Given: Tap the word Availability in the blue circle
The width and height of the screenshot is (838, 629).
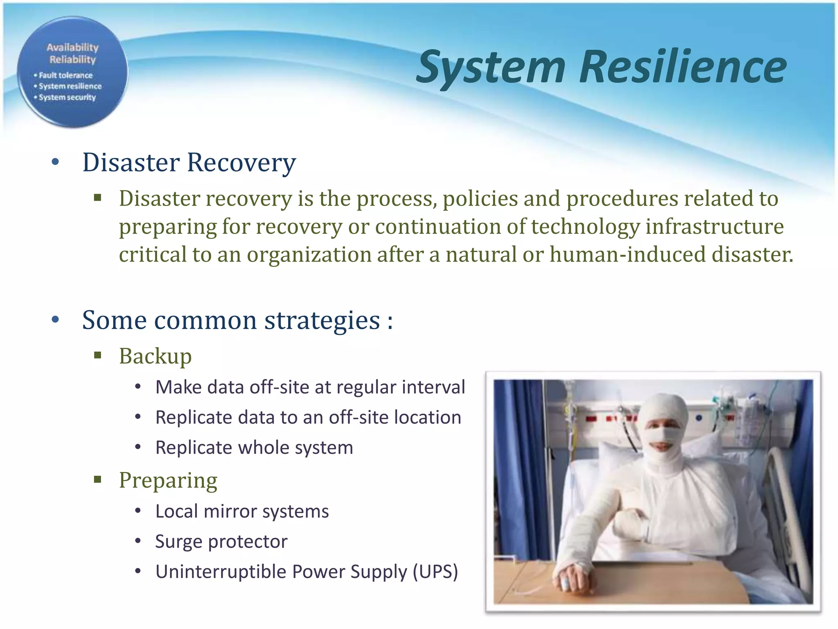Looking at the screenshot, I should point(72,48).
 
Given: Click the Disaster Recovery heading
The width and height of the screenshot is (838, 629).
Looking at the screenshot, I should point(189,163).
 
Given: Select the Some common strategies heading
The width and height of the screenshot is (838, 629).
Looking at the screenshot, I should point(237,320).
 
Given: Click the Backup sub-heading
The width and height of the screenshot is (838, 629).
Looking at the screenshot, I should point(155,356).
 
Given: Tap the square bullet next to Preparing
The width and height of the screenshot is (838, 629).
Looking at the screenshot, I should point(97,480).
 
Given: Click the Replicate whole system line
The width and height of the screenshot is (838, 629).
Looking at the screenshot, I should point(254,448).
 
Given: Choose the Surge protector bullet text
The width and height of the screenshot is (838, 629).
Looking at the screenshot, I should point(221,541).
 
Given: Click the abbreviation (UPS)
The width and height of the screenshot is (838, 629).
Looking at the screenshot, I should point(435,572).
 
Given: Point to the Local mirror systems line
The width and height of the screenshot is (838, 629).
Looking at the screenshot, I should point(242,511).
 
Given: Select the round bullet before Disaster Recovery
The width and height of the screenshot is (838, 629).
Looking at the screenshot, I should point(56,162).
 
